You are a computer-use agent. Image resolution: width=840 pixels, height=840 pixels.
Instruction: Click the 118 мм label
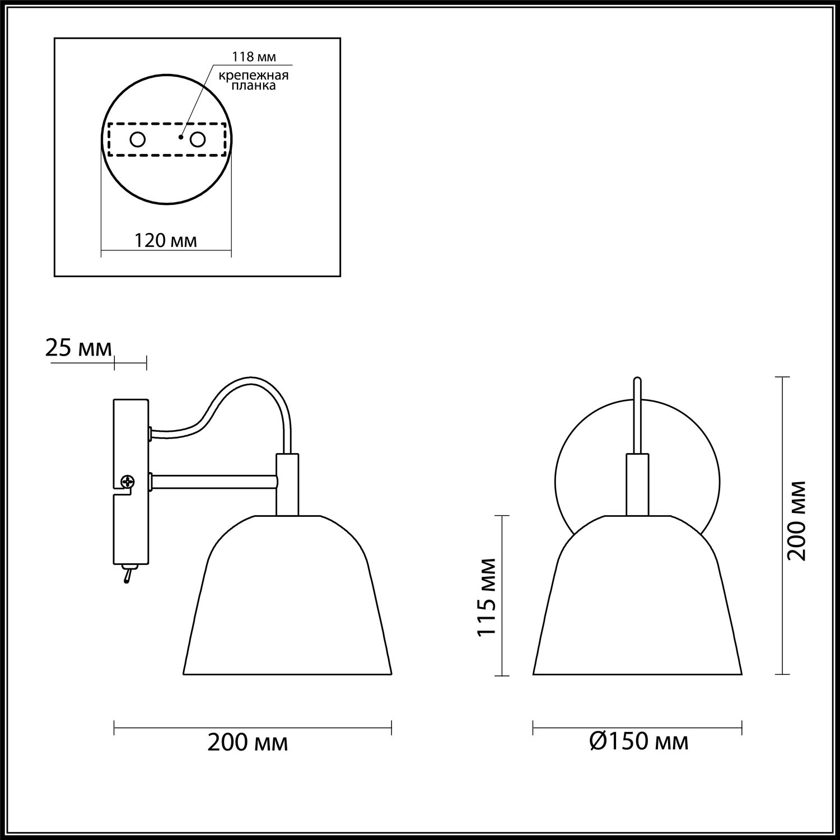254,57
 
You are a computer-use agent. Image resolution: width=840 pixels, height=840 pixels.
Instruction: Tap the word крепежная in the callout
254,76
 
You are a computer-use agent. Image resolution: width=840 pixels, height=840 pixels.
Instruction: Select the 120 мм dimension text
166,241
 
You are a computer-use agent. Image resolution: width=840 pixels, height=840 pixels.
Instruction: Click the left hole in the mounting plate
138,139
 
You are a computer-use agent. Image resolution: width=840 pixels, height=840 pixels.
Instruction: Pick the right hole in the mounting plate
198,139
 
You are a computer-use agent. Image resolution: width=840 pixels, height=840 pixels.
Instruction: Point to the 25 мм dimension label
78,348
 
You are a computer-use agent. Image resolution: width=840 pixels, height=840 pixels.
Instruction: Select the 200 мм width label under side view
248,743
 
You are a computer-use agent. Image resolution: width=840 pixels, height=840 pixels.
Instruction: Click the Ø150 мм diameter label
639,742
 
